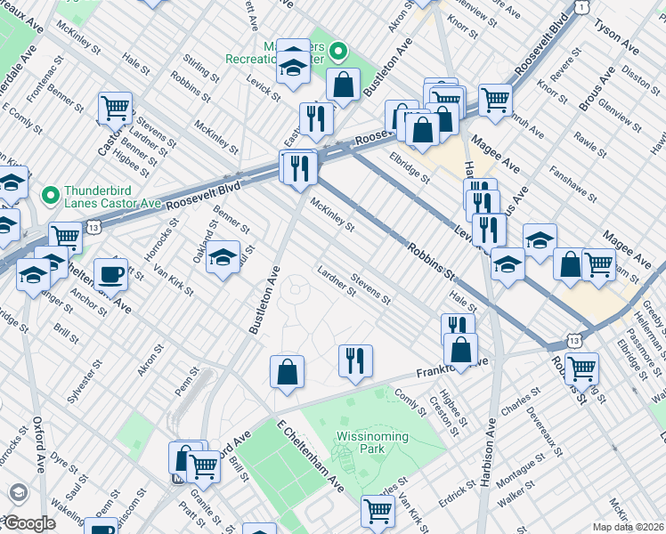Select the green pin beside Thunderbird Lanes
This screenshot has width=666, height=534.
[x=50, y=193]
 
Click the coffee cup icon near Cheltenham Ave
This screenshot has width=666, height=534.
[x=110, y=274]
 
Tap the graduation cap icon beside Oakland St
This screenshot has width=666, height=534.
[x=223, y=258]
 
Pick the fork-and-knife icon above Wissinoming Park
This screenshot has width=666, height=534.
[x=354, y=360]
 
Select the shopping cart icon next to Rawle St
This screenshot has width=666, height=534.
[x=598, y=263]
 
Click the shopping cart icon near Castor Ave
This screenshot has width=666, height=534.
[x=116, y=108]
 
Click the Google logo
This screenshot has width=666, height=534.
[x=28, y=523]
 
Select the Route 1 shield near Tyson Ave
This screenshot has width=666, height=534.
[x=581, y=6]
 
